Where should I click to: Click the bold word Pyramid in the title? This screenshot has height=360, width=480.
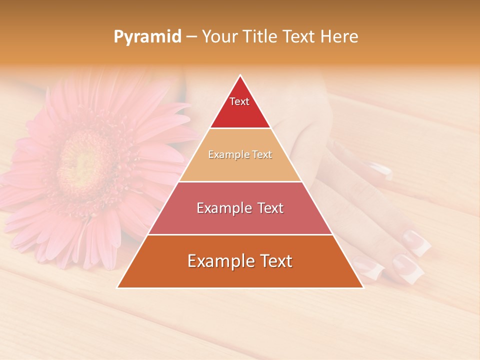tap(147, 36)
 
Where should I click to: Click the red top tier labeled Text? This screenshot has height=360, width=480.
tap(240, 112)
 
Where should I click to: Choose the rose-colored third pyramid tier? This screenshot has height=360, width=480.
tap(240, 220)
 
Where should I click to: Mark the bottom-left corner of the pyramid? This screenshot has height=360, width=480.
tap(118, 287)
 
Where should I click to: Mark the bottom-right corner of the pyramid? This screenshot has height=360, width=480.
tap(362, 287)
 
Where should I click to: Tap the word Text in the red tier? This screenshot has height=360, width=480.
tap(239, 101)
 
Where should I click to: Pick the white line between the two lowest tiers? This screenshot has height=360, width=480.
tap(240, 234)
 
